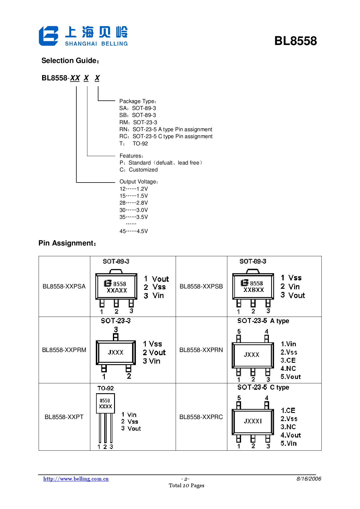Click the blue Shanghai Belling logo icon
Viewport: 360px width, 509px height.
(x=48, y=36)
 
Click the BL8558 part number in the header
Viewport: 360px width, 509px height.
(x=295, y=41)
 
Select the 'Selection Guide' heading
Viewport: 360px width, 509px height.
(x=70, y=61)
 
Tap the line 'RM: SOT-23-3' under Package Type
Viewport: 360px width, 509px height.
(x=138, y=122)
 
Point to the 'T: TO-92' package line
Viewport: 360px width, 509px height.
(x=134, y=143)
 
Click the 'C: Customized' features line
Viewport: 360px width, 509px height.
(x=139, y=170)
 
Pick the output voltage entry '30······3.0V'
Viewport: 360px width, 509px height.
(x=134, y=210)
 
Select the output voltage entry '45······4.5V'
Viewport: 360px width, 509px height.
(x=134, y=231)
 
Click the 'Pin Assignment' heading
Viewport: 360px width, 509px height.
(x=67, y=243)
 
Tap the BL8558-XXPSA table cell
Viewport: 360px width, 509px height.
(x=64, y=286)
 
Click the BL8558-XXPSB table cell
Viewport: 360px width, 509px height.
(x=201, y=286)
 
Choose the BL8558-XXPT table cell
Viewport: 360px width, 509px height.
(x=64, y=417)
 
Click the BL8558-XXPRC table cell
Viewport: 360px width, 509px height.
(x=201, y=417)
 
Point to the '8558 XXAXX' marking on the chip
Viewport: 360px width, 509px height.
(x=116, y=287)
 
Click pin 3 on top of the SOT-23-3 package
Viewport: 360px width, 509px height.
(x=116, y=337)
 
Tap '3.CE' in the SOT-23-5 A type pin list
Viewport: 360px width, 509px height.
(x=288, y=360)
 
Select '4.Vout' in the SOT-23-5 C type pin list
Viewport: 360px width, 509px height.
(x=291, y=435)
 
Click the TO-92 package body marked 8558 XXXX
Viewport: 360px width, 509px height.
(x=105, y=403)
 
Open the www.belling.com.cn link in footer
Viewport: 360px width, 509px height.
(x=76, y=479)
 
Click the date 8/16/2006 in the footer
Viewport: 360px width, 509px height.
(x=309, y=479)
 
